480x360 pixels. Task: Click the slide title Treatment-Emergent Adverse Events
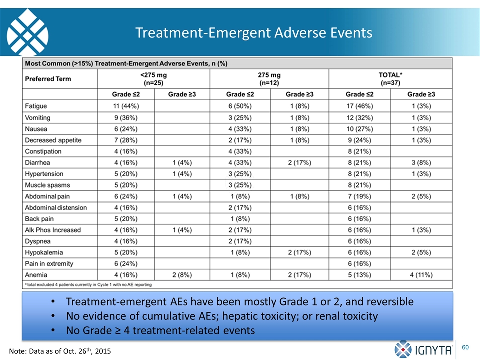click(x=254, y=33)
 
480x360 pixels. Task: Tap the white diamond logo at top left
click(x=27, y=32)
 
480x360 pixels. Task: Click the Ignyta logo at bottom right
click(x=423, y=350)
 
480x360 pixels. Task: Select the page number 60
click(x=465, y=347)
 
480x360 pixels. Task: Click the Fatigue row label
click(x=36, y=106)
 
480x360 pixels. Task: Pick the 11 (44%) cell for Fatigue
click(x=126, y=106)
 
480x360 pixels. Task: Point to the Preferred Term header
click(x=48, y=79)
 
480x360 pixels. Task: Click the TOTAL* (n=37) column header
click(x=390, y=79)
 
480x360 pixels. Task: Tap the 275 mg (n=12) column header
click(x=269, y=79)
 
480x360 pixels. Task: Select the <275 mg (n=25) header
click(x=153, y=79)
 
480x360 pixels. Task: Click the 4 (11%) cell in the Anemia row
click(x=421, y=275)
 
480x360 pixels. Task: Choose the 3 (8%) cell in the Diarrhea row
click(x=421, y=163)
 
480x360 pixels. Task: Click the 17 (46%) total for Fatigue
click(x=359, y=106)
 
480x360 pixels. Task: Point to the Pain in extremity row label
click(x=49, y=264)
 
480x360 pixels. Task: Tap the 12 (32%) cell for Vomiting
click(x=359, y=118)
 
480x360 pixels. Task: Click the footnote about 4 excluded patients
click(x=88, y=284)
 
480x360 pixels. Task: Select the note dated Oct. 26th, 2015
click(x=60, y=351)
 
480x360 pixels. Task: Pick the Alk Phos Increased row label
click(x=53, y=230)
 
